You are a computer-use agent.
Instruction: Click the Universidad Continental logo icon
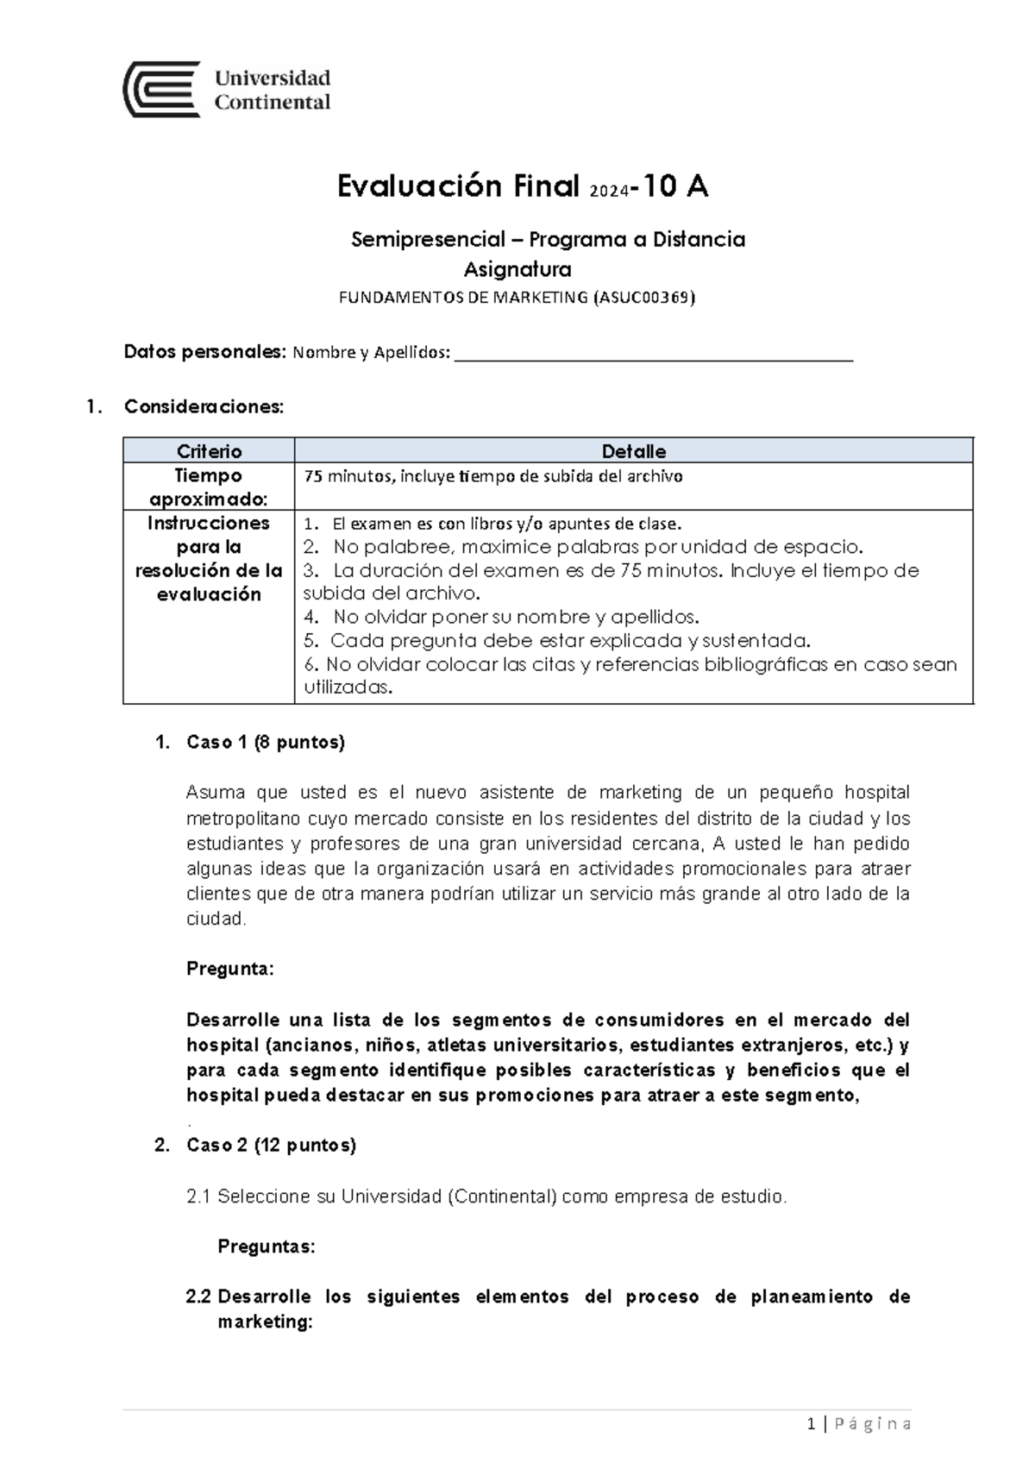click(x=162, y=89)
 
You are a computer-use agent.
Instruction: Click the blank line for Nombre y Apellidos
click(x=653, y=354)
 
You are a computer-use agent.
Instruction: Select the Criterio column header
click(x=209, y=451)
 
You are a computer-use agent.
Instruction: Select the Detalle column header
click(x=633, y=451)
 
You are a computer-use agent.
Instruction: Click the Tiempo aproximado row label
click(x=209, y=487)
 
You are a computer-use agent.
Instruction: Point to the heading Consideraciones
click(x=204, y=406)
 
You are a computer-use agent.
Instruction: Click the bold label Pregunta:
click(x=229, y=969)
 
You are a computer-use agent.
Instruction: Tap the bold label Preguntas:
click(x=266, y=1246)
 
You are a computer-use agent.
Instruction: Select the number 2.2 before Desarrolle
click(x=198, y=1297)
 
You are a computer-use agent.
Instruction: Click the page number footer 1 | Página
click(x=859, y=1424)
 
